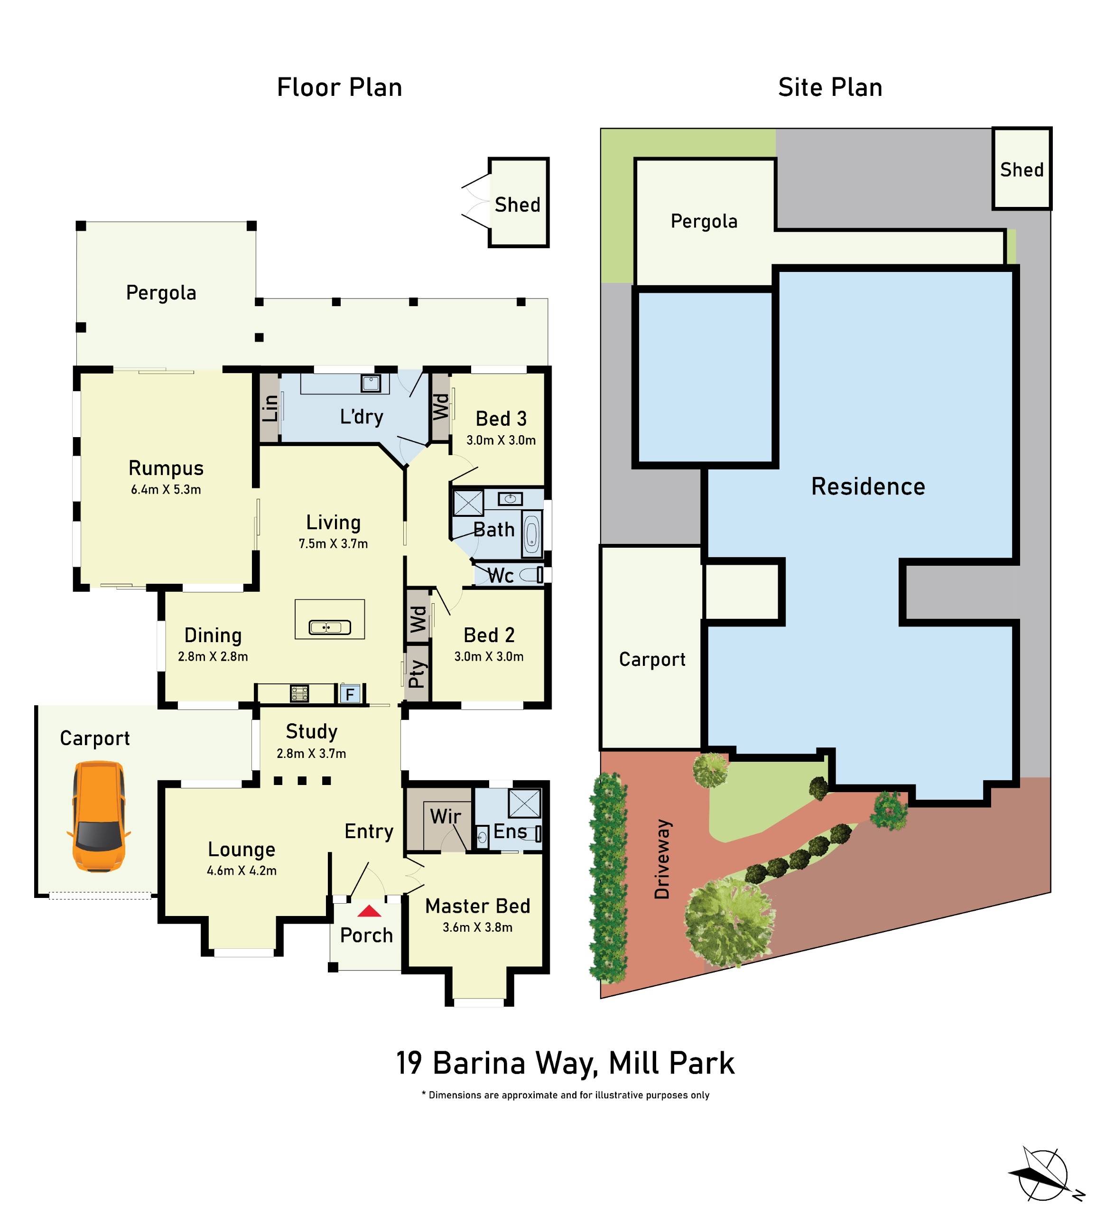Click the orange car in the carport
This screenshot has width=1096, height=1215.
click(x=98, y=816)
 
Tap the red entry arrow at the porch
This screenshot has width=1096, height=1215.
click(x=369, y=911)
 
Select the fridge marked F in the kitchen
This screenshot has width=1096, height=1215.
click(x=350, y=694)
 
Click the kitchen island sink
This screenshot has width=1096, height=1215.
click(x=329, y=628)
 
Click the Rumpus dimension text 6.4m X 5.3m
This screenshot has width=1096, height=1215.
click(x=166, y=489)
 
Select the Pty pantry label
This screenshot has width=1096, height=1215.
click(x=417, y=673)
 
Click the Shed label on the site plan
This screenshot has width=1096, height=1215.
click(x=1022, y=170)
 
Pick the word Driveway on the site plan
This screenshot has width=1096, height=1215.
click(x=662, y=859)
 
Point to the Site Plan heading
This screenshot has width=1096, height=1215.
click(x=830, y=88)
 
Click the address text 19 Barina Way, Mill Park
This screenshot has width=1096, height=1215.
click(x=565, y=1063)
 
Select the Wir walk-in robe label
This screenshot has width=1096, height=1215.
click(x=445, y=816)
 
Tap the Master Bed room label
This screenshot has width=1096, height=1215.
click(x=477, y=906)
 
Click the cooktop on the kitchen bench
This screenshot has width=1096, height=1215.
click(x=299, y=693)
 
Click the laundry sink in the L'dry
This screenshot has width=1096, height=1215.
click(x=371, y=383)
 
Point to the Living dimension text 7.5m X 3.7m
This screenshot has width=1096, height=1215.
click(x=333, y=543)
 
